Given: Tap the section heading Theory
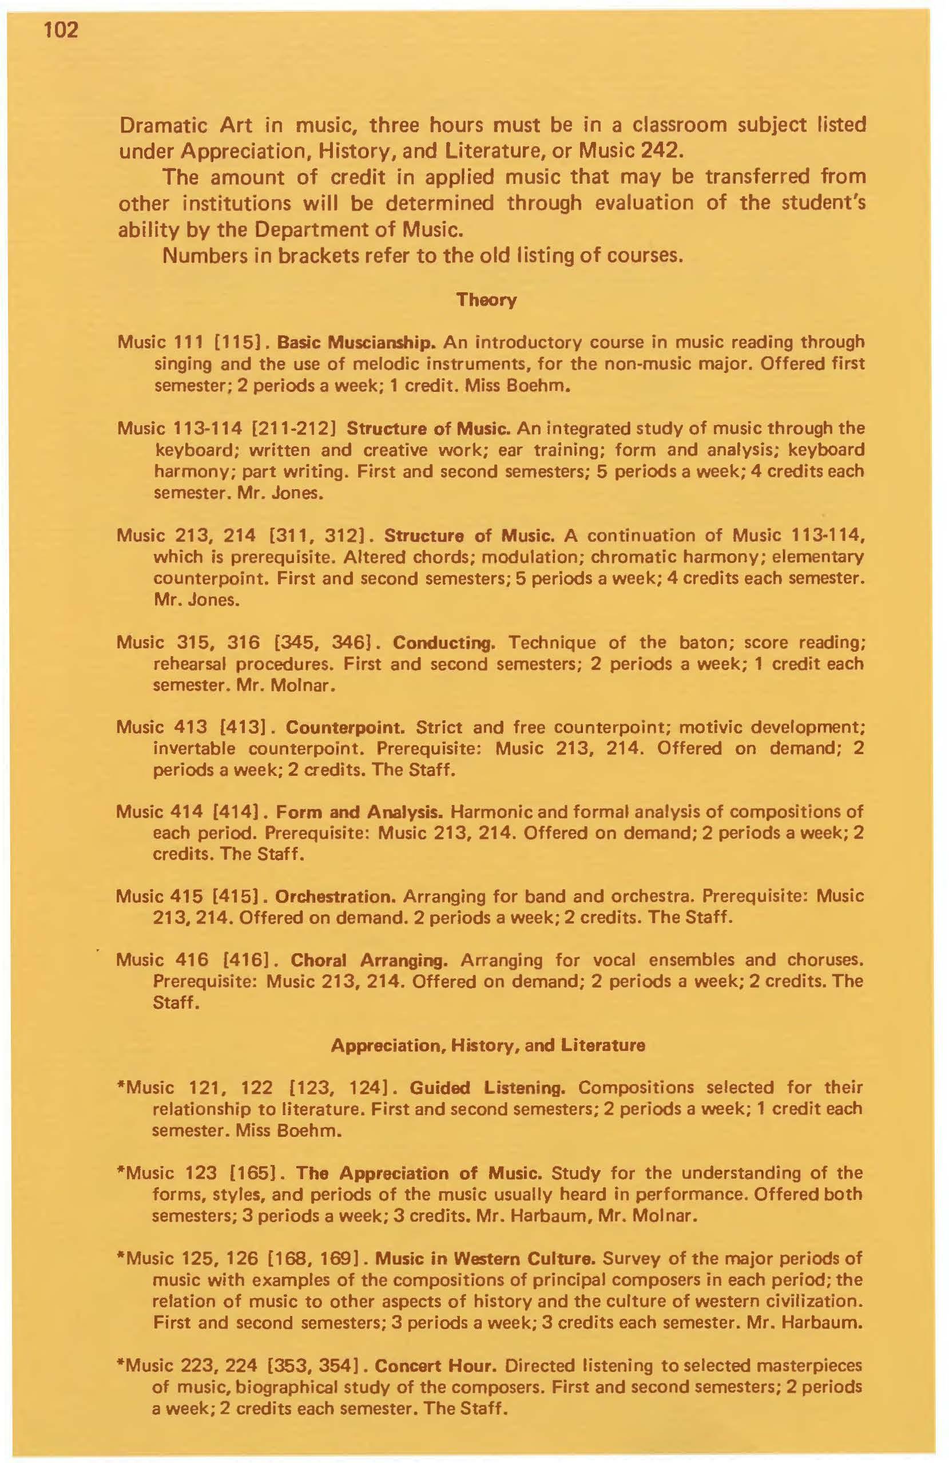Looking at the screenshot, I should pos(486,300).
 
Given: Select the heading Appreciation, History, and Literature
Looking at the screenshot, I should pos(487,1045).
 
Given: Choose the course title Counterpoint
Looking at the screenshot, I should pos(344,727).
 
